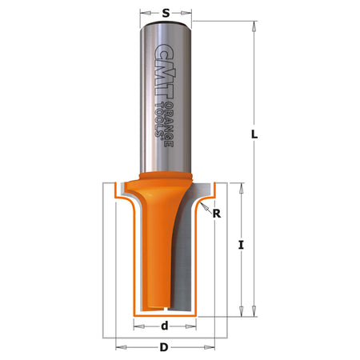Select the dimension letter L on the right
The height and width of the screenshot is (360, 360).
click(x=254, y=136)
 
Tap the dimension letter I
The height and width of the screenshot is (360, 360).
click(x=241, y=246)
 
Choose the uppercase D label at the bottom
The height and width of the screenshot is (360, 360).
click(x=164, y=347)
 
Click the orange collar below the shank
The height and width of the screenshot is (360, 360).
click(x=166, y=178)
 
